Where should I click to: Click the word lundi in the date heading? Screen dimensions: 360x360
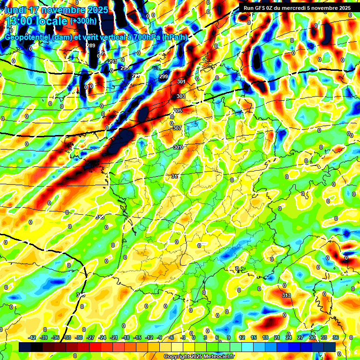[x=15, y=10]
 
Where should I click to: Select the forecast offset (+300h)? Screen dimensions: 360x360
[x=84, y=21]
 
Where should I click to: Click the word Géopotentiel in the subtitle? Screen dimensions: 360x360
[x=27, y=37]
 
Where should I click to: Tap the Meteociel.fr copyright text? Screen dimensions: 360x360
[x=200, y=357]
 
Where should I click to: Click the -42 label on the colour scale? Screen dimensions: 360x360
[x=32, y=337]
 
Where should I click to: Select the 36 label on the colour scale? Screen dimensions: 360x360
[x=336, y=337]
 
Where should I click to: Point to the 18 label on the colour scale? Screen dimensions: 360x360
[x=265, y=337]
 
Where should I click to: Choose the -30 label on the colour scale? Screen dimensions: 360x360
[x=79, y=337]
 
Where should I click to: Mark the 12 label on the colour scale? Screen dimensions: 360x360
[x=242, y=337]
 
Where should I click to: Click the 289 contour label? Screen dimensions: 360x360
[x=91, y=45]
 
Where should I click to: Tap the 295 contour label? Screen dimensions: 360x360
[x=124, y=68]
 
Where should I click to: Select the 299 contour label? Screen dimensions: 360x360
[x=163, y=76]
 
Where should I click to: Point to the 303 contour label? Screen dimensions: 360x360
[x=181, y=96]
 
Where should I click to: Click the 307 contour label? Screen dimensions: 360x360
[x=177, y=128]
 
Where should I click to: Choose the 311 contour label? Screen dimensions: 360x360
[x=175, y=176]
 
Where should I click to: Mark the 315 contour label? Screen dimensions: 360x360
[x=81, y=295]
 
